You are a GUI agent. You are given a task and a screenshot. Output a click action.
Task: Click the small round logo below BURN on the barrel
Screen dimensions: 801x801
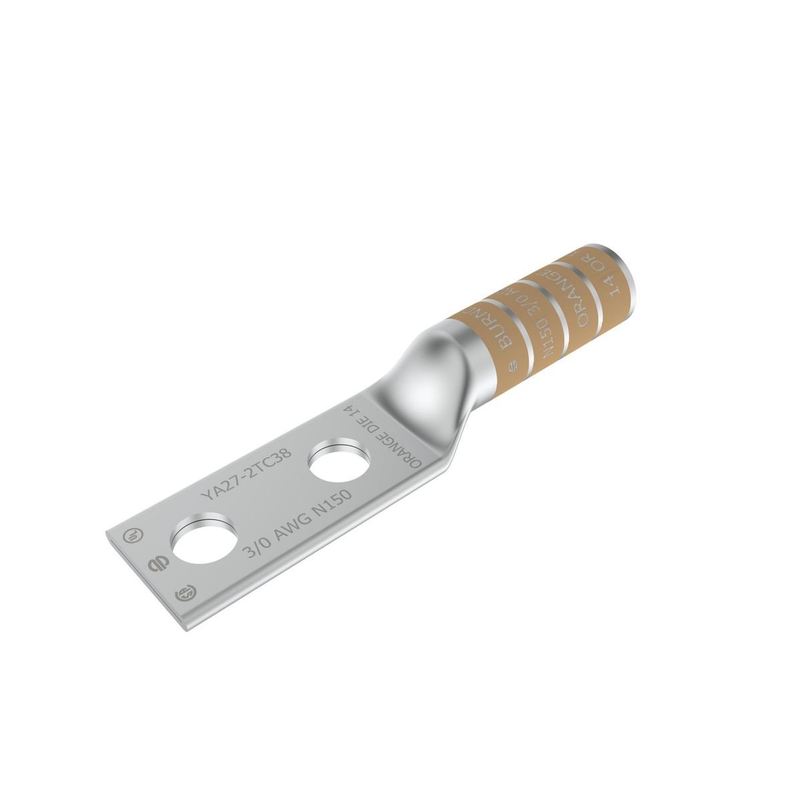513,364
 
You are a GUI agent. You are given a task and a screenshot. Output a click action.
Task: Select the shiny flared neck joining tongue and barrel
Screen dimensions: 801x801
421,374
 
